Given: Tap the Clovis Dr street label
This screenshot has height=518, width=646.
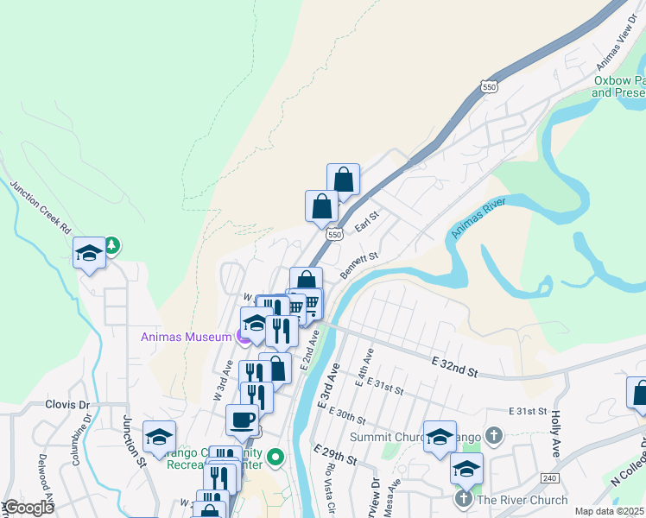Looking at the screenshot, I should click(66, 404).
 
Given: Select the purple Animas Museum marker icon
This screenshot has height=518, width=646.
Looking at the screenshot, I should click(244, 337).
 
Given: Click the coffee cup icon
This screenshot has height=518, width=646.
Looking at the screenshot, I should click(242, 420).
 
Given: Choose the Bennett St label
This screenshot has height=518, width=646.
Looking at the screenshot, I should click(359, 265).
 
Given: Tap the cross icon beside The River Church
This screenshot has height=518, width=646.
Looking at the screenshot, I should click(463, 500).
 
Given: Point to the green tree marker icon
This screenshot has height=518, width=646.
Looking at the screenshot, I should click(112, 246).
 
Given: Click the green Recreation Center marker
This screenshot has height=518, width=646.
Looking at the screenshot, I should click(275, 456).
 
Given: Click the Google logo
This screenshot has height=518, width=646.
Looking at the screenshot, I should click(28, 508).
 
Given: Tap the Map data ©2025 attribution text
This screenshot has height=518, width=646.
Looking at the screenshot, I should click(609, 511).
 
